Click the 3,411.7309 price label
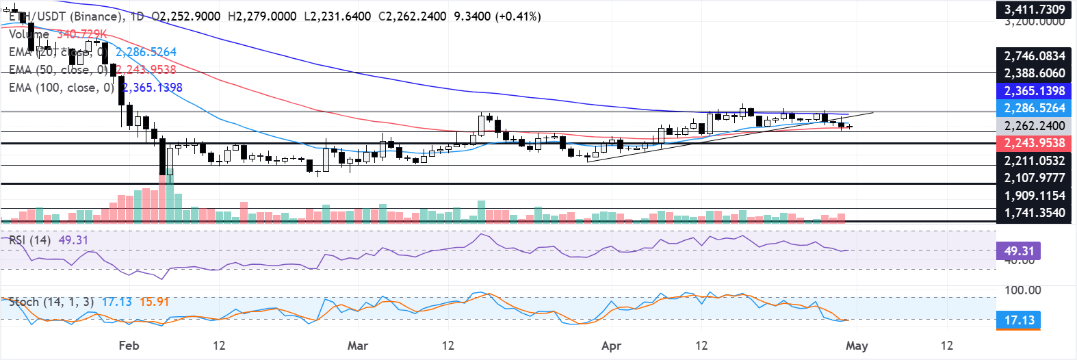tap(1034, 10)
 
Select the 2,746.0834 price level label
tap(1034, 56)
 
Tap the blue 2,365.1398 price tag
tap(1034, 91)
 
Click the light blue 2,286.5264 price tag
tap(1034, 108)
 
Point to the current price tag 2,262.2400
tap(1034, 126)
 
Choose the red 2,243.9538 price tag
tap(1034, 143)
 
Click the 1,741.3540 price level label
tap(1034, 213)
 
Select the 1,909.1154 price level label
tap(1034, 196)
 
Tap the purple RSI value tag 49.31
tap(1019, 251)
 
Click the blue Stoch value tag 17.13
tap(1019, 320)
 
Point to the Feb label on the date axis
tap(129, 346)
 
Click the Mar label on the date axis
tap(358, 346)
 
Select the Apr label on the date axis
tap(611, 346)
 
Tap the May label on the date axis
tap(857, 346)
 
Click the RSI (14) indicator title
tap(29, 240)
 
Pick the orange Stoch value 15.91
tap(154, 302)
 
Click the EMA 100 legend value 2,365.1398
tap(152, 88)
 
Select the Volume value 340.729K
tap(81, 34)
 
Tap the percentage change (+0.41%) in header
tap(518, 16)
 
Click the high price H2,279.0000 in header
tap(262, 16)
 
